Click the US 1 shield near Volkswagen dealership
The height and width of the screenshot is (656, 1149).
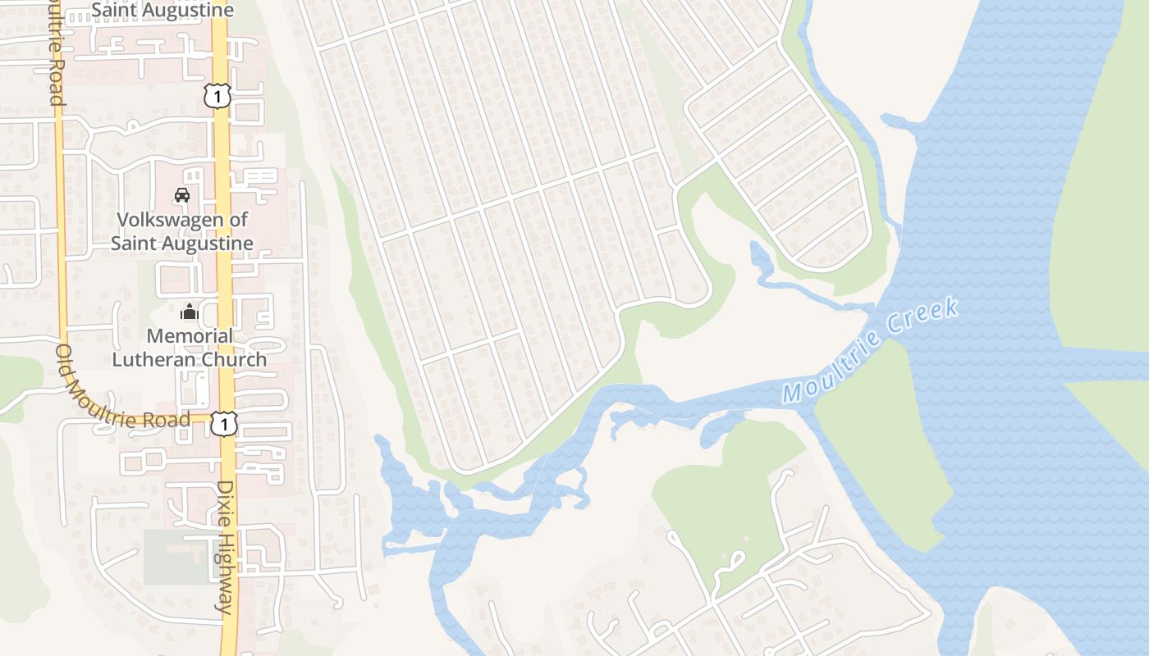pos(217,96)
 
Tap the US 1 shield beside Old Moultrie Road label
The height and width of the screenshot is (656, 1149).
pos(223,423)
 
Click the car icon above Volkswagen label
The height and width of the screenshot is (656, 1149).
pos(182,195)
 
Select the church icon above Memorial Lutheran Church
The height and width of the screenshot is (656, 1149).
pos(190,312)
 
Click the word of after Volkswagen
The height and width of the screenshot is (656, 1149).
pos(239,220)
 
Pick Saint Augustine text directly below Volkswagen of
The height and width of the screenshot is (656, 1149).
pos(181,244)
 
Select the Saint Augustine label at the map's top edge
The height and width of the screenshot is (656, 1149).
pos(163,11)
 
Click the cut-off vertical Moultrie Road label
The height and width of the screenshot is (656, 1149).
pos(56,52)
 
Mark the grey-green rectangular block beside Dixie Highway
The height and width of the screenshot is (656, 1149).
pos(176,557)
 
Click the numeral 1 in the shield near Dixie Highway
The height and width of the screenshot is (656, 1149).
pos(223,424)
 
